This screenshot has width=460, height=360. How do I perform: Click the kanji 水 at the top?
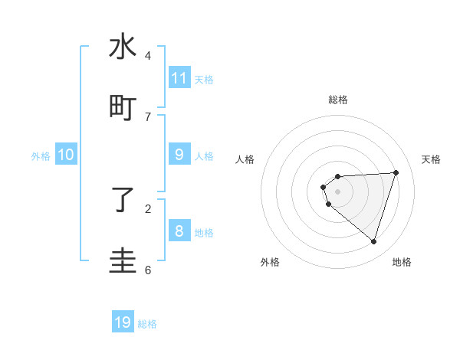click(x=123, y=47)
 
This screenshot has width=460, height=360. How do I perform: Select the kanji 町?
click(x=123, y=108)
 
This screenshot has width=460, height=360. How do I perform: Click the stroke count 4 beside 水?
click(x=148, y=55)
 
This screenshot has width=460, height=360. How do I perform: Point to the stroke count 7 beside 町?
click(x=148, y=116)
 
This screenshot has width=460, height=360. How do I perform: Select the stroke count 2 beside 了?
click(x=148, y=208)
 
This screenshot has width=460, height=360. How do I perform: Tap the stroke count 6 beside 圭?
click(x=148, y=270)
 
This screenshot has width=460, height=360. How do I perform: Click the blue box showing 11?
click(x=179, y=77)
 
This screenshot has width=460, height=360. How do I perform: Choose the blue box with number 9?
click(x=179, y=154)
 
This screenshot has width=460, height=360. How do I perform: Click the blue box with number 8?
click(x=179, y=231)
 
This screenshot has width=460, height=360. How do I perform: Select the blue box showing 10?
click(x=65, y=155)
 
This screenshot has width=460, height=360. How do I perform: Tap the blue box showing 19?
click(x=123, y=322)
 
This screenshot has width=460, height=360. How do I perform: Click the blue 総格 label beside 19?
click(x=147, y=324)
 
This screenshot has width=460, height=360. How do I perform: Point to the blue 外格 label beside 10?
click(x=41, y=156)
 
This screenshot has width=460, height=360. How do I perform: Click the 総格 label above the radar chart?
click(x=338, y=100)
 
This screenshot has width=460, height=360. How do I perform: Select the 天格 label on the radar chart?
click(x=431, y=159)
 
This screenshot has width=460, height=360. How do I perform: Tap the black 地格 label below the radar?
click(x=402, y=262)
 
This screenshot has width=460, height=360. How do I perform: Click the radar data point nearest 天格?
click(x=396, y=172)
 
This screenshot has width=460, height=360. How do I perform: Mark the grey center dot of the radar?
click(x=337, y=191)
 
